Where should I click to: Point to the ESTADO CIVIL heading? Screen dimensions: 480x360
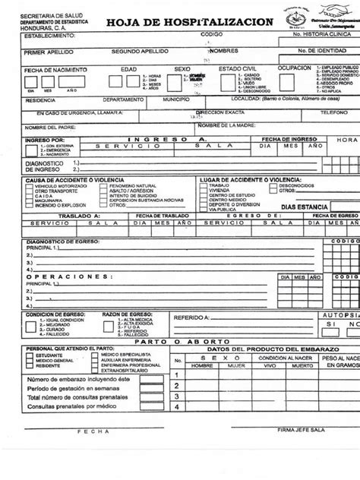(x=236, y=68)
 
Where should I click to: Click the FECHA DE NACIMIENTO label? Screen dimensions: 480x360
(x=33, y=69)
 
